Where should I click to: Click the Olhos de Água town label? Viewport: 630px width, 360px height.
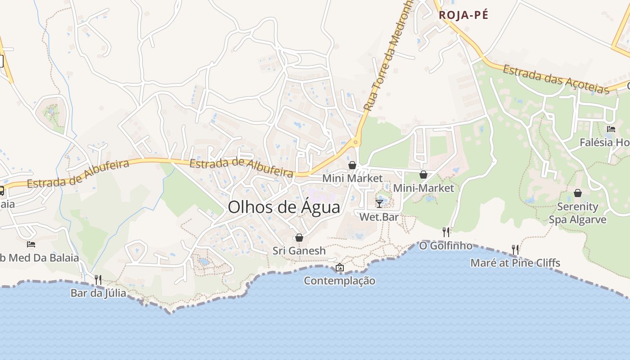(284, 207)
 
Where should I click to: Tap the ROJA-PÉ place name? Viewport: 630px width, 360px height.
(463, 15)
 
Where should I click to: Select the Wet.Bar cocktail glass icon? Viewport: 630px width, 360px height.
(379, 204)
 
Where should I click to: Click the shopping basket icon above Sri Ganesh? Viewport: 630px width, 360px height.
(299, 238)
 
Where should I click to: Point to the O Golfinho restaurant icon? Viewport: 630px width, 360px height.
(446, 232)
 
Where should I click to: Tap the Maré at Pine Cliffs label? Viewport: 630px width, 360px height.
(515, 263)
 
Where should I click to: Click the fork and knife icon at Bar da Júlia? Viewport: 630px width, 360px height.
(98, 280)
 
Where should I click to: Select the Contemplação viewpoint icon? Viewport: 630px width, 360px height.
(340, 268)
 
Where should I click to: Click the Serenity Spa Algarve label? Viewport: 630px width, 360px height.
(577, 213)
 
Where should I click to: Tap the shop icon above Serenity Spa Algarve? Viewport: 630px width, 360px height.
(578, 193)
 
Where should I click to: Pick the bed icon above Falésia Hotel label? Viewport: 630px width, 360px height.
(611, 129)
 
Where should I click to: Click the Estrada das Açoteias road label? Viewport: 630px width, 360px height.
(556, 79)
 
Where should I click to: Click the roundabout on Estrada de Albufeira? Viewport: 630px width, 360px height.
(356, 143)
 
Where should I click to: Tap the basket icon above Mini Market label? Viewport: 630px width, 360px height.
(352, 165)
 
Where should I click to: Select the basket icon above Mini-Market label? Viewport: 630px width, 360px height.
(423, 175)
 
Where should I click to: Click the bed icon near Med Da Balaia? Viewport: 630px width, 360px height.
(31, 244)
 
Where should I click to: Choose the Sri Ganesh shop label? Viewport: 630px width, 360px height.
(299, 251)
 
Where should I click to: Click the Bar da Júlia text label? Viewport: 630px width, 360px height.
(98, 293)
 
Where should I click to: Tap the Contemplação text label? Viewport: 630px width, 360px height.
(340, 281)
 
